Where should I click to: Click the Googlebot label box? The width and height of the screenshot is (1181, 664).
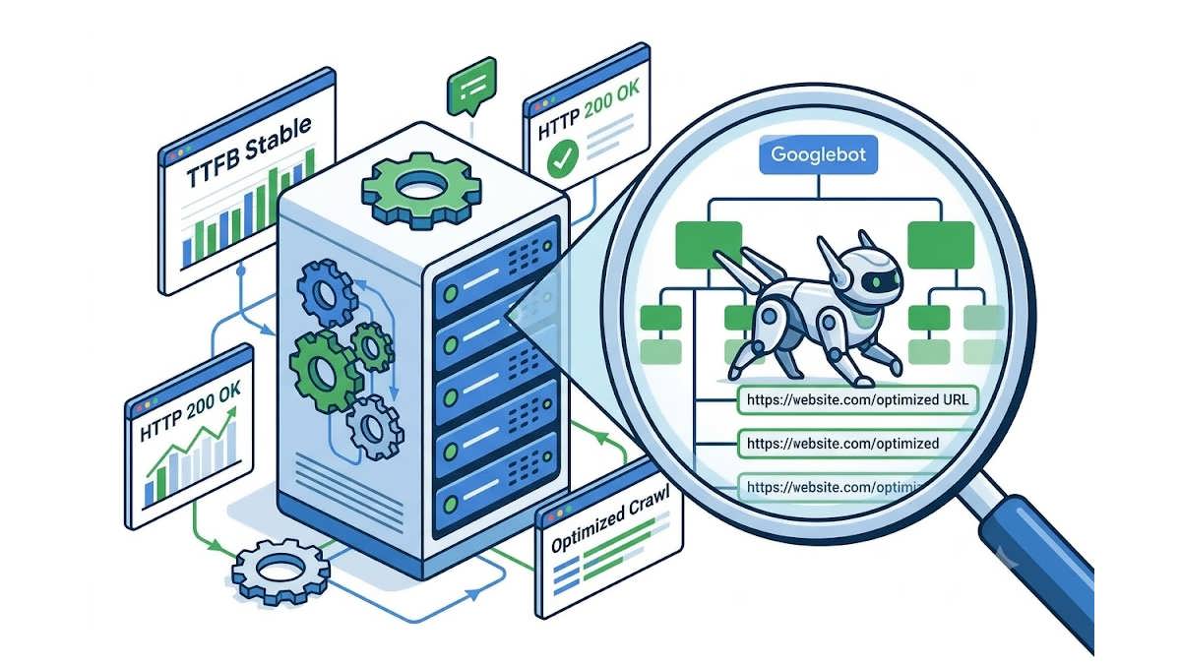[818, 154]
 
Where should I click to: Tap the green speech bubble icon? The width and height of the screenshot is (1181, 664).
[471, 87]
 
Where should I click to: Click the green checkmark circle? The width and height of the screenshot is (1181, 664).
[563, 158]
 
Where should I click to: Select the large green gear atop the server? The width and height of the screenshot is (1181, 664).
[421, 191]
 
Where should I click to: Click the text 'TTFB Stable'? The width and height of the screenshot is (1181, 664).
[249, 151]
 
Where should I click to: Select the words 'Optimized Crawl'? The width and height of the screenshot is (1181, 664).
[610, 518]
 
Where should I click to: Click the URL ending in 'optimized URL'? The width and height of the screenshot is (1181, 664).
[857, 400]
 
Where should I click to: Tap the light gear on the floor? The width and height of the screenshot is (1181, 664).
[281, 571]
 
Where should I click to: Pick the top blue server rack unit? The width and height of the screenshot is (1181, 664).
[496, 270]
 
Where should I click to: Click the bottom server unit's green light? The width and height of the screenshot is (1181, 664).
[451, 505]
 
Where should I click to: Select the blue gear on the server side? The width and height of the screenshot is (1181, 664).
[327, 292]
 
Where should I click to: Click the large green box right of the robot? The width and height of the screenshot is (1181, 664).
[941, 245]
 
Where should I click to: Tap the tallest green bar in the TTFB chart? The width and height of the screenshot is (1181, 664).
[310, 163]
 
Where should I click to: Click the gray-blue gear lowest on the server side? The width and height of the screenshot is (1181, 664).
[375, 427]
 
